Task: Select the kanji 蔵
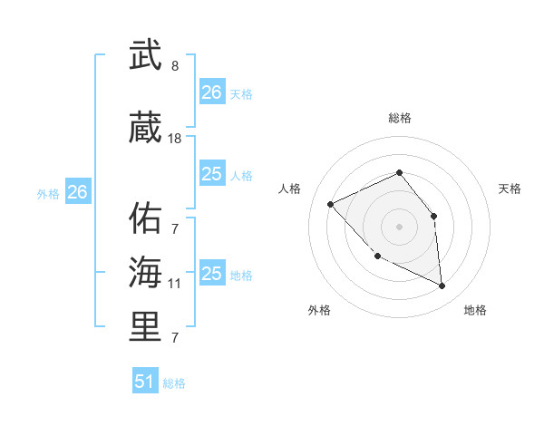(146, 128)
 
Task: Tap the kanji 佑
(146, 218)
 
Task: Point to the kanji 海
(146, 272)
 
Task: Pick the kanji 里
(146, 326)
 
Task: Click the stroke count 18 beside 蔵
(175, 139)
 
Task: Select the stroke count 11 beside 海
(175, 284)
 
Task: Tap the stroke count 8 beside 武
(175, 66)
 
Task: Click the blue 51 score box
(145, 382)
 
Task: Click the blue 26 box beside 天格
(212, 92)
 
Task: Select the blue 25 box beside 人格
(212, 174)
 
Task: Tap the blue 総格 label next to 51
(174, 383)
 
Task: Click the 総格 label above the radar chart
(399, 118)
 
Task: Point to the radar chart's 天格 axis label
(510, 189)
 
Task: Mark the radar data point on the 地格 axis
(442, 286)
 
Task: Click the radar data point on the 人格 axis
(331, 204)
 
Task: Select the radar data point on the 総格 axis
(399, 172)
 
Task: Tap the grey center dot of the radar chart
(399, 226)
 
